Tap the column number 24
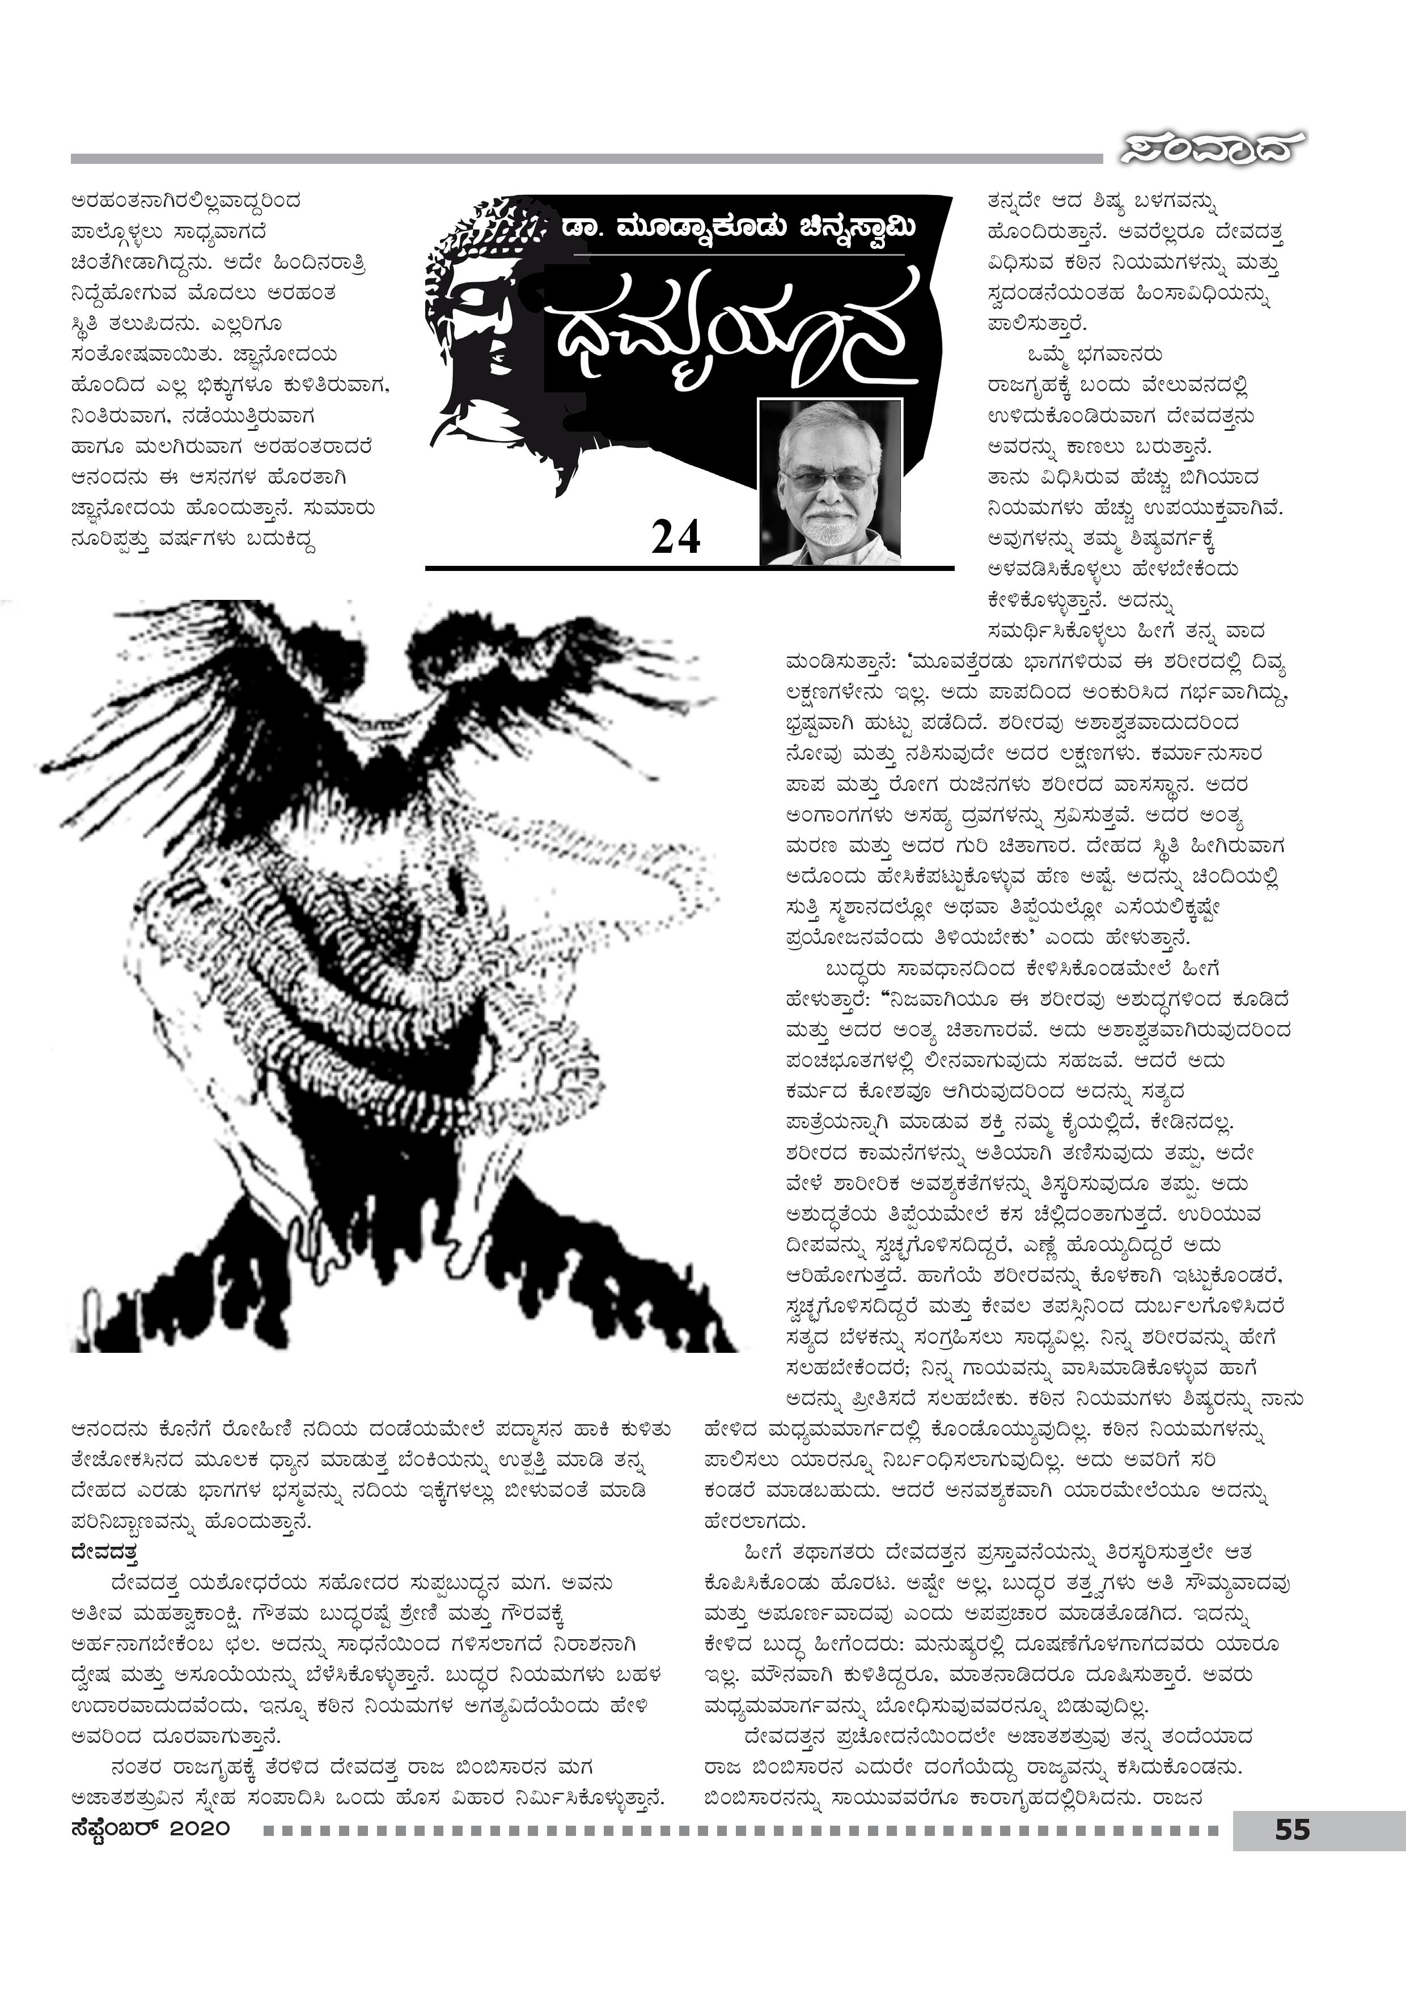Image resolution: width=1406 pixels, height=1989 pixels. point(676,539)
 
